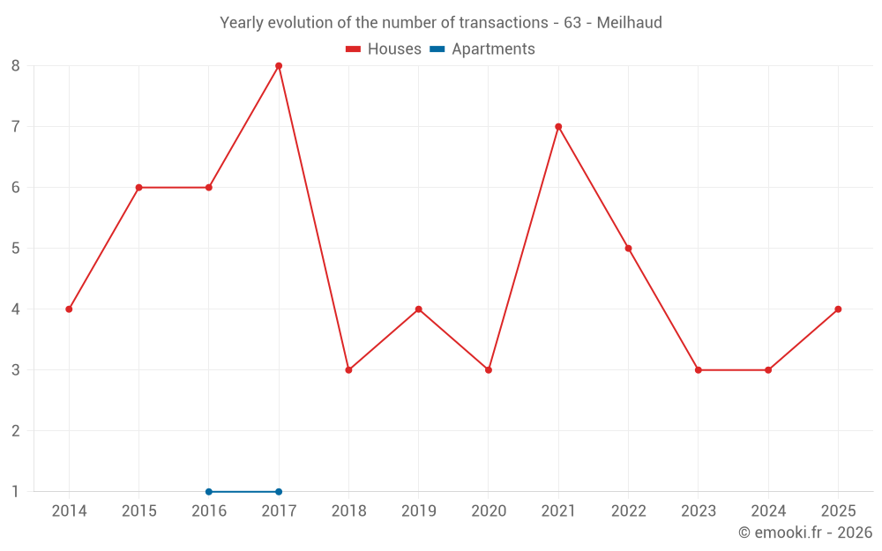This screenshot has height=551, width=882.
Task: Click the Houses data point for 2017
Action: [x=279, y=66]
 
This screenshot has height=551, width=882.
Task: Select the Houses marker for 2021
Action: [x=558, y=127]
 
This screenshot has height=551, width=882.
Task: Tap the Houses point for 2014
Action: [x=69, y=309]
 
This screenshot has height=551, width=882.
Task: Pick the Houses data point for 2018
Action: [x=348, y=370]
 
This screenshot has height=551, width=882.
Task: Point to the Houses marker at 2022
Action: [x=628, y=249]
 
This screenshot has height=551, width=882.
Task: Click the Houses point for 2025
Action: [x=838, y=309]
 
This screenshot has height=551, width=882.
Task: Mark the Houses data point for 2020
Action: [x=489, y=370]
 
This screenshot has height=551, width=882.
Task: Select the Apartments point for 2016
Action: [x=209, y=492]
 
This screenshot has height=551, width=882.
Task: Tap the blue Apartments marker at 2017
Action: [x=279, y=492]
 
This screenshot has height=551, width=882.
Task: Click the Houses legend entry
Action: [x=384, y=49]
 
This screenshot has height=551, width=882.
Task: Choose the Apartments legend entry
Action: [x=482, y=49]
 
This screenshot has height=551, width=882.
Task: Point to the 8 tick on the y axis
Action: [x=16, y=66]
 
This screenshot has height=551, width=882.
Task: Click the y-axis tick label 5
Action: [x=16, y=249]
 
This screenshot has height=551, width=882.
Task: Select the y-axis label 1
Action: [x=16, y=492]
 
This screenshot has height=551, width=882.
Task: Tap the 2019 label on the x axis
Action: [x=418, y=511]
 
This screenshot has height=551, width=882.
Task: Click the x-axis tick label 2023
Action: [x=698, y=511]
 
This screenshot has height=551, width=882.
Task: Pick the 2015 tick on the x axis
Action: [x=138, y=511]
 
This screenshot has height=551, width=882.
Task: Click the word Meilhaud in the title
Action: [x=629, y=23]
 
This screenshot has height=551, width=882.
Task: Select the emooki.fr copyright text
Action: [x=805, y=532]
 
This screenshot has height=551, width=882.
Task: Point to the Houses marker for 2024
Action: [x=768, y=370]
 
